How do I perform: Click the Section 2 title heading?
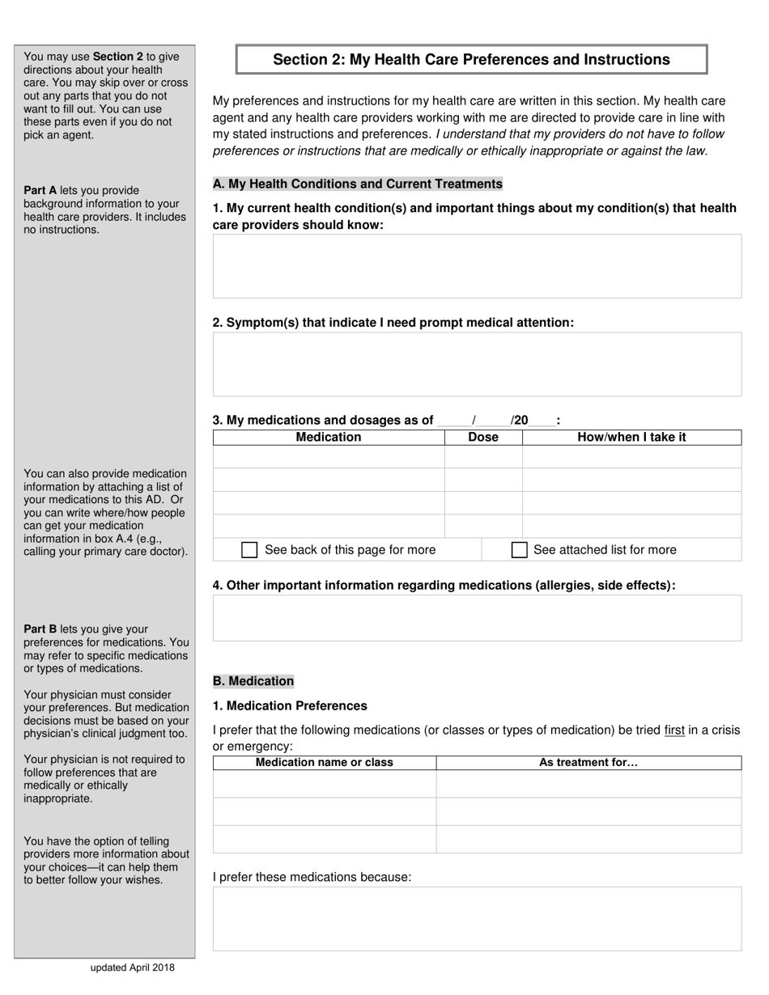pyautogui.click(x=471, y=60)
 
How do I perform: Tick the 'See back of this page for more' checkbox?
pyautogui.click(x=250, y=550)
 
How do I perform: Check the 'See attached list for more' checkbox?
pyautogui.click(x=520, y=550)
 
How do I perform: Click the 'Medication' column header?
pyautogui.click(x=329, y=438)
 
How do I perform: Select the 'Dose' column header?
pyautogui.click(x=483, y=438)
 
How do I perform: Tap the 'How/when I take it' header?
pyautogui.click(x=631, y=438)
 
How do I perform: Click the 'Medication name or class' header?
pyautogui.click(x=325, y=763)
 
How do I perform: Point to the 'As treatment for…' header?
pyautogui.click(x=588, y=763)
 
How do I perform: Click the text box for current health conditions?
pyautogui.click(x=477, y=266)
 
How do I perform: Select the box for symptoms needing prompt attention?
pyautogui.click(x=477, y=364)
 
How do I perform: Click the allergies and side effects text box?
pyautogui.click(x=477, y=618)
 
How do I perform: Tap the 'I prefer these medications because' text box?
pyautogui.click(x=477, y=918)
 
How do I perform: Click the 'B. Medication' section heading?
pyautogui.click(x=253, y=681)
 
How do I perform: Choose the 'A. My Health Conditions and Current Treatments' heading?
pyautogui.click(x=357, y=184)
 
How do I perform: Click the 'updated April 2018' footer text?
pyautogui.click(x=132, y=967)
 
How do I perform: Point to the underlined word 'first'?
pyautogui.click(x=674, y=730)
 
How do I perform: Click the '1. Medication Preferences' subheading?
pyautogui.click(x=290, y=706)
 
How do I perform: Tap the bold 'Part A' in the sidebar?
pyautogui.click(x=40, y=191)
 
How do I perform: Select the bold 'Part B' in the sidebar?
pyautogui.click(x=40, y=629)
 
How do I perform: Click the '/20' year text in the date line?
pyautogui.click(x=520, y=421)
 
